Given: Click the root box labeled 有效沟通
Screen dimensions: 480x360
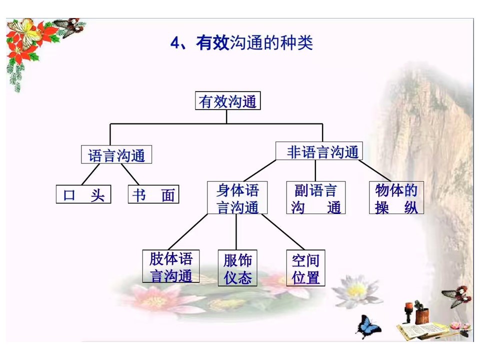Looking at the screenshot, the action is tap(228, 100).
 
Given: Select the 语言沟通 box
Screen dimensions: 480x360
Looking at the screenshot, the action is tap(116, 154).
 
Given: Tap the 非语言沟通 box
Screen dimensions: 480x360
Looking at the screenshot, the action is tap(319, 150).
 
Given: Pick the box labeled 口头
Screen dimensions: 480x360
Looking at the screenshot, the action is tap(83, 194).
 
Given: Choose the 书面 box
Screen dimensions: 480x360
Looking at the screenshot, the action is tap(153, 194).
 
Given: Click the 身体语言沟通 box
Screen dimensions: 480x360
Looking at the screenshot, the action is tap(237, 197).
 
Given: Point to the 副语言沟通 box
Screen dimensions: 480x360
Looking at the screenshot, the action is tap(316, 197).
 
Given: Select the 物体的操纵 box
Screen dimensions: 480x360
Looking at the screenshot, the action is tap(396, 197).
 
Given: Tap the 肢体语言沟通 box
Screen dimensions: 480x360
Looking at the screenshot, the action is tap(171, 266).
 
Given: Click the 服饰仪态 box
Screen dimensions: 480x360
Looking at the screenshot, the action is tap(237, 268).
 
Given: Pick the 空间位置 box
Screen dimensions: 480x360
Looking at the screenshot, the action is tap(305, 268).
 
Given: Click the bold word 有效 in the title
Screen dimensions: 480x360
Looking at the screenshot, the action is tap(213, 42).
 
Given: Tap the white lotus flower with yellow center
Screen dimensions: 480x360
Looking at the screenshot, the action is tap(356, 291).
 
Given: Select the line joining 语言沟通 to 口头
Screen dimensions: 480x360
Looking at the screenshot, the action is tap(90, 174).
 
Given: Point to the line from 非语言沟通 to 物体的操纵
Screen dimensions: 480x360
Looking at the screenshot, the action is tap(374, 170).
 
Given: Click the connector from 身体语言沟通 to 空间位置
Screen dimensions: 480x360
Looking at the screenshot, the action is tap(283, 231).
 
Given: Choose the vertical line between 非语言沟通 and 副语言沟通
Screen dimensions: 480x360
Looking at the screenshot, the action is tap(315, 170).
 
